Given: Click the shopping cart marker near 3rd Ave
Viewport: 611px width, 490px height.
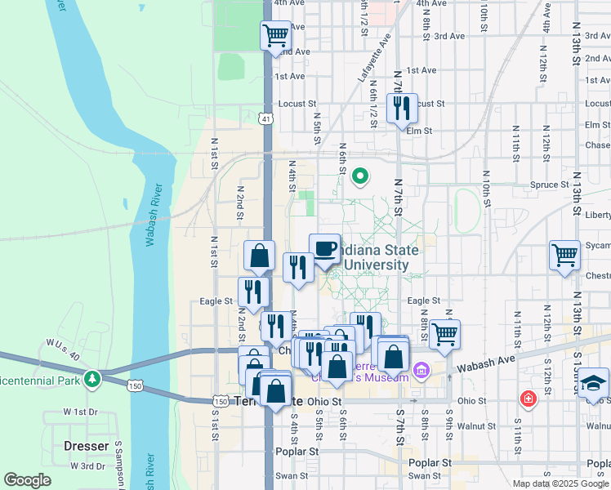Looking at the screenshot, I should pyautogui.click(x=276, y=35).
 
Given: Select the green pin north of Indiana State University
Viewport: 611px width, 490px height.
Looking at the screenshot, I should pyautogui.click(x=359, y=175).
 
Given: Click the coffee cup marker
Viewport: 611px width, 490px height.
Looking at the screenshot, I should pyautogui.click(x=324, y=248).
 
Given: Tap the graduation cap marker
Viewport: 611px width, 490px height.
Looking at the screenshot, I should pyautogui.click(x=594, y=383).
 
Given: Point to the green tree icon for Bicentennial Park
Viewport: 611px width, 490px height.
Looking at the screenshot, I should pyautogui.click(x=93, y=379).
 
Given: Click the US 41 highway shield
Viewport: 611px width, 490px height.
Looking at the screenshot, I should pyautogui.click(x=267, y=119).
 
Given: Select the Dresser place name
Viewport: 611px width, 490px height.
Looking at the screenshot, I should pyautogui.click(x=87, y=446).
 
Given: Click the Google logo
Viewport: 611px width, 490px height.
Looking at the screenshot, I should pyautogui.click(x=28, y=480).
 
